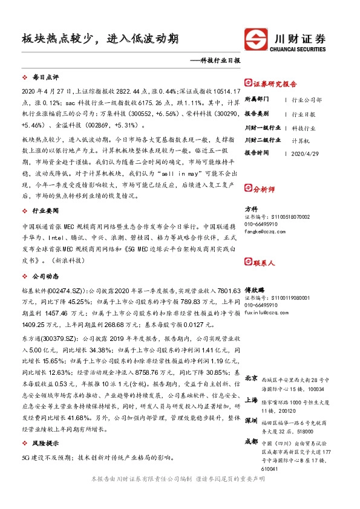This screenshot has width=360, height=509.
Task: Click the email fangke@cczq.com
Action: click(x=261, y=231)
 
